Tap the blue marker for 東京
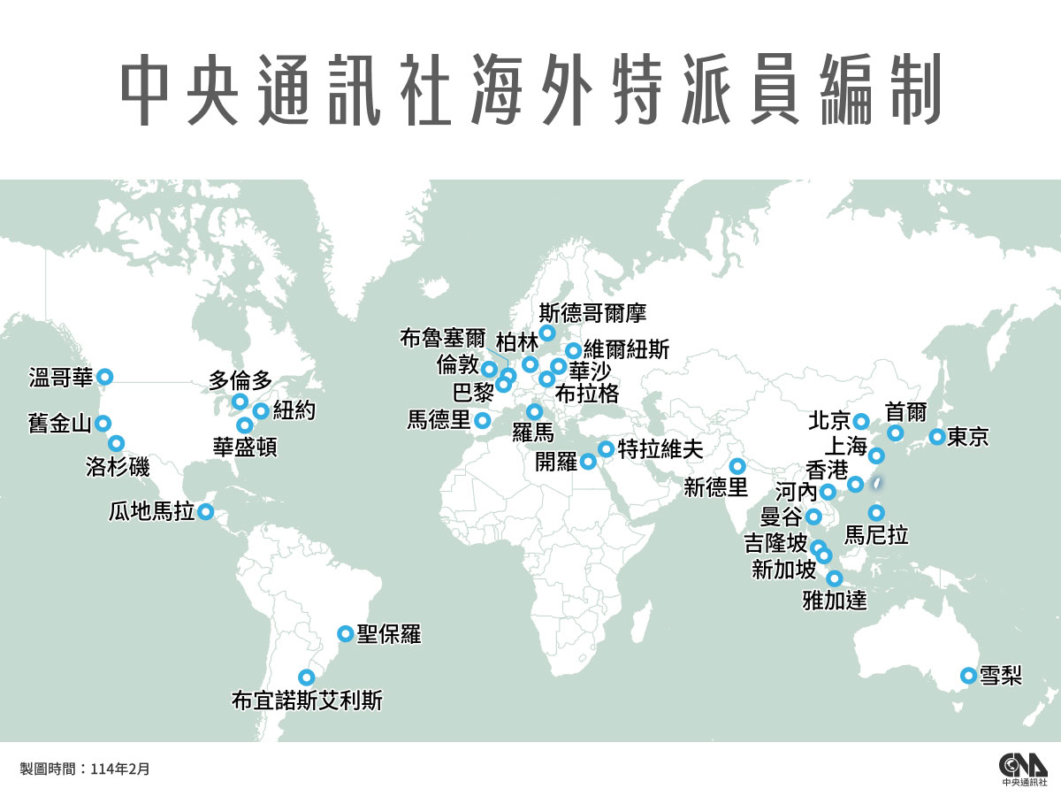pos(936,437)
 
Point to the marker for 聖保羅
pos(346,633)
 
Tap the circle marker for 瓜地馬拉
pos(205,511)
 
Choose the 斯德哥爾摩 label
pos(592,312)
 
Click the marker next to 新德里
pos(737,466)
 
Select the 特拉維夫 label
pos(660,448)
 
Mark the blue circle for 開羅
pos(588,461)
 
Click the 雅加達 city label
pos(834,601)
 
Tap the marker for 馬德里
pos(482,420)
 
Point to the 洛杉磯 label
pos(118,465)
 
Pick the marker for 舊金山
pos(103,423)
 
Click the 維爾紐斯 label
pos(626,349)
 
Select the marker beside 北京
pos(861,420)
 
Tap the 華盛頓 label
pos(245,447)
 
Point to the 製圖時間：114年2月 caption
pos(85,769)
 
